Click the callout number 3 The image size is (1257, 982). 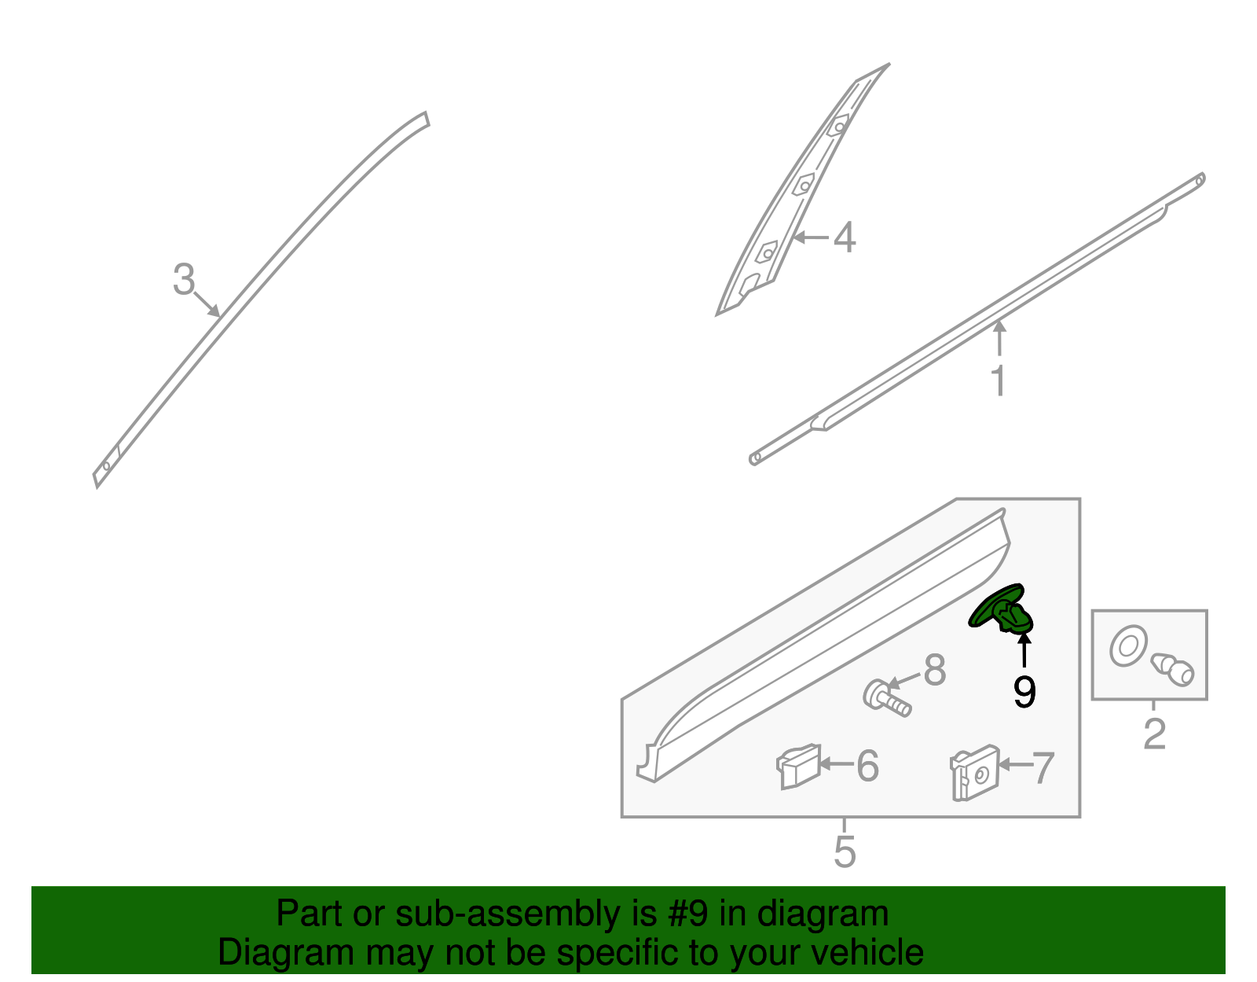(x=183, y=281)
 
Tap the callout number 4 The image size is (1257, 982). (x=844, y=237)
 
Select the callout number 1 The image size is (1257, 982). (x=998, y=382)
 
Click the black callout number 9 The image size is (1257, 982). (x=1024, y=692)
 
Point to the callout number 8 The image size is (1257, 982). (x=934, y=671)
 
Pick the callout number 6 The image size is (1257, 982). (x=867, y=766)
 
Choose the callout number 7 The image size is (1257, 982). (x=1043, y=768)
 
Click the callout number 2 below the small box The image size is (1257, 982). (x=1153, y=734)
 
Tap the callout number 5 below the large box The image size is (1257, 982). (x=845, y=851)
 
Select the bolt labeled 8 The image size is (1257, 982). (x=886, y=698)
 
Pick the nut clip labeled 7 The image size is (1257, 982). (x=973, y=773)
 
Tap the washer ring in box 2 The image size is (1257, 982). (x=1127, y=646)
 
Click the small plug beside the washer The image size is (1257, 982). (x=1173, y=669)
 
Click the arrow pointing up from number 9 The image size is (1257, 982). (x=1024, y=649)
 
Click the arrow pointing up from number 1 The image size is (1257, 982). (x=999, y=339)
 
